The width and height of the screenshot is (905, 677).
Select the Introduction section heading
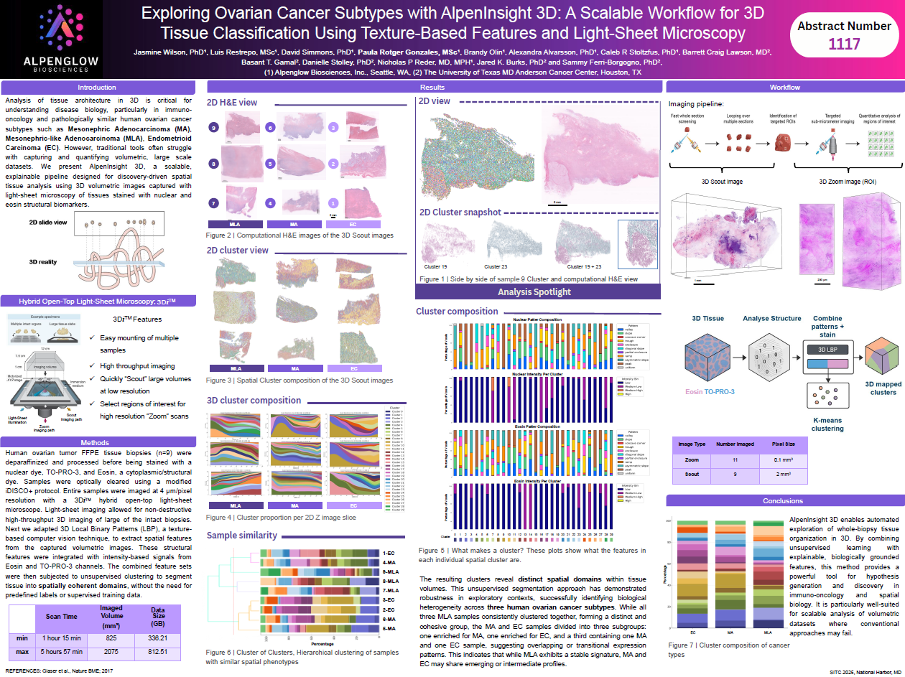(97, 87)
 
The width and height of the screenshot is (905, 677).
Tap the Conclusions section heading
(783, 500)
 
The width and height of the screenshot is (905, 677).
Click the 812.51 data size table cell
(159, 652)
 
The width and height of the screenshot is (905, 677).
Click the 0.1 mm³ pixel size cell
(784, 459)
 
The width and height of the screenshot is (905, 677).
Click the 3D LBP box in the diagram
(827, 350)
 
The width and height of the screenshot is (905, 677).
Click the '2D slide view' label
(48, 222)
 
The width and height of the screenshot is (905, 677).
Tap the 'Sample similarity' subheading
(242, 535)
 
